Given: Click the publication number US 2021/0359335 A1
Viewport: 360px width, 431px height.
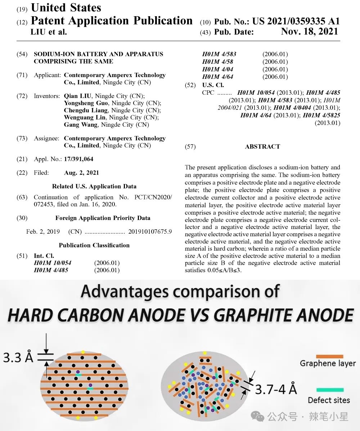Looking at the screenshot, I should pos(296,21).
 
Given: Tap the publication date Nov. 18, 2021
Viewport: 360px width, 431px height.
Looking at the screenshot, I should pos(309,32).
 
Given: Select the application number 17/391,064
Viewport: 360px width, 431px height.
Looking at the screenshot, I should pos(78,159).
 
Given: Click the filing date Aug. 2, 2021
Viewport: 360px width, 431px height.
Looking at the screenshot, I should pos(81,173).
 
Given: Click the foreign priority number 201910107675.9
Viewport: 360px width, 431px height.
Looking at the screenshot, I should pos(150,232).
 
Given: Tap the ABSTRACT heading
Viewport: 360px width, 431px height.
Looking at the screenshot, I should pos(262,147).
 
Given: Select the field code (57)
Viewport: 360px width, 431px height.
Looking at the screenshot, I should pos(190,147).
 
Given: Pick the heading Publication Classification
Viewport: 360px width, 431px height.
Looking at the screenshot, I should pos(94,245).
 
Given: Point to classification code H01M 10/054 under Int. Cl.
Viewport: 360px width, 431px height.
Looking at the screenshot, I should pos(53,263).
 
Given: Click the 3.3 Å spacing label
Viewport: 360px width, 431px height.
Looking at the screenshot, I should pos(18,357).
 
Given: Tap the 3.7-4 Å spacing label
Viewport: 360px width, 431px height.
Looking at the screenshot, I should pos(276,389).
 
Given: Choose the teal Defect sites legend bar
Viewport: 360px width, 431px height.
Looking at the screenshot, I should pos(330,390).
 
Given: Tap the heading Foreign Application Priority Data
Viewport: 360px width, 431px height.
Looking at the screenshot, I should pos(103,218).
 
